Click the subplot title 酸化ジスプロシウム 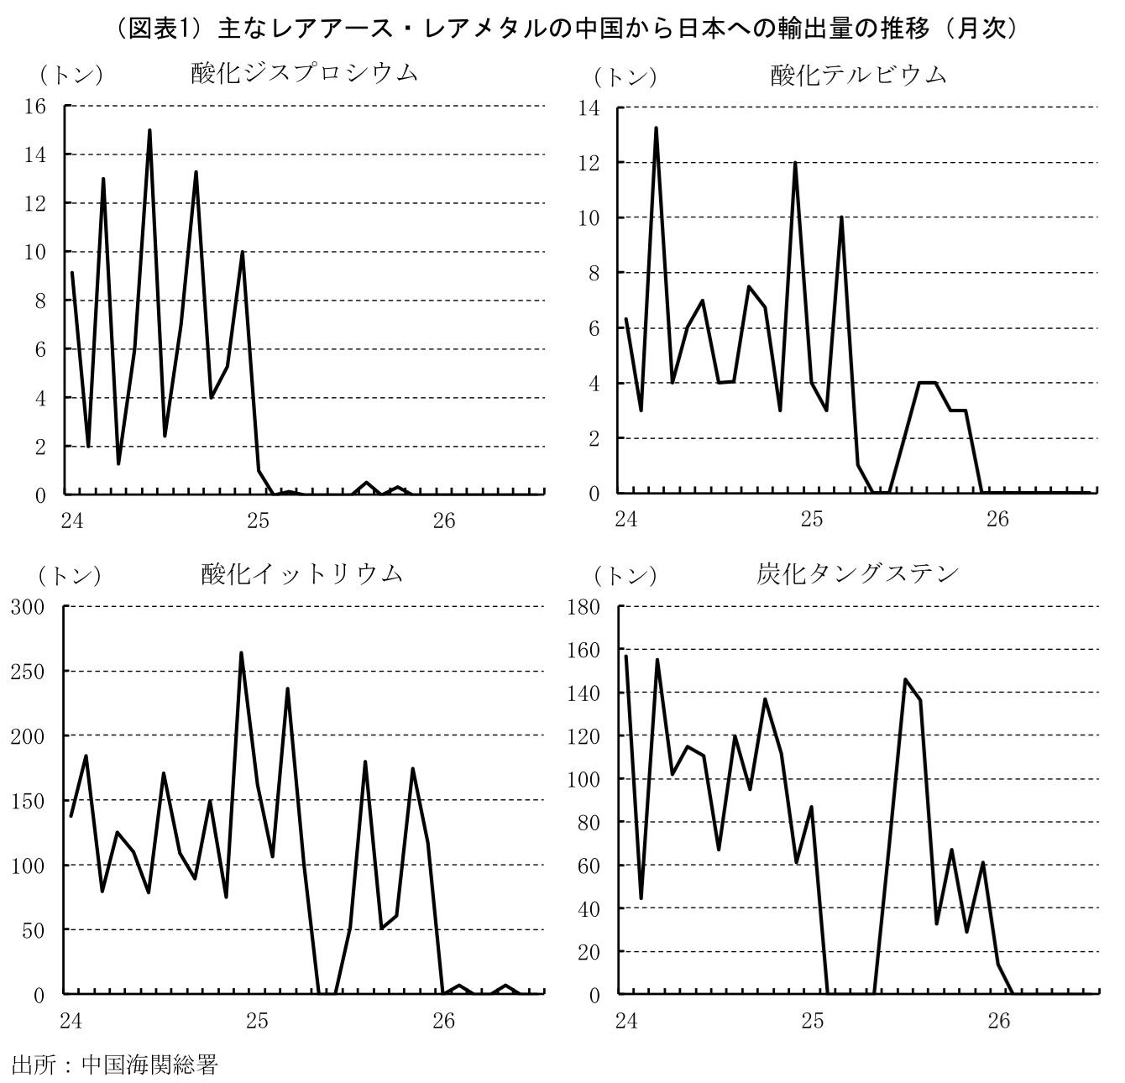[304, 73]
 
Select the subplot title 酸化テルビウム [859, 76]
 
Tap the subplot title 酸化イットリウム [301, 573]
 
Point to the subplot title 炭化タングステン [857, 573]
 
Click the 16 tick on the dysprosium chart [34, 106]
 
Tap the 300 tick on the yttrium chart [28, 606]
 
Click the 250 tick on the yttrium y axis [28, 672]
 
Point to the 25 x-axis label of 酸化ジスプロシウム [258, 521]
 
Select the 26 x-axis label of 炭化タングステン [998, 1021]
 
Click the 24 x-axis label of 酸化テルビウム [626, 519]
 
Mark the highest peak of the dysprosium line [149, 130]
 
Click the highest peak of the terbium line [657, 128]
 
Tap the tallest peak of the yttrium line [241, 653]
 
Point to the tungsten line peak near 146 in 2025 [905, 679]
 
